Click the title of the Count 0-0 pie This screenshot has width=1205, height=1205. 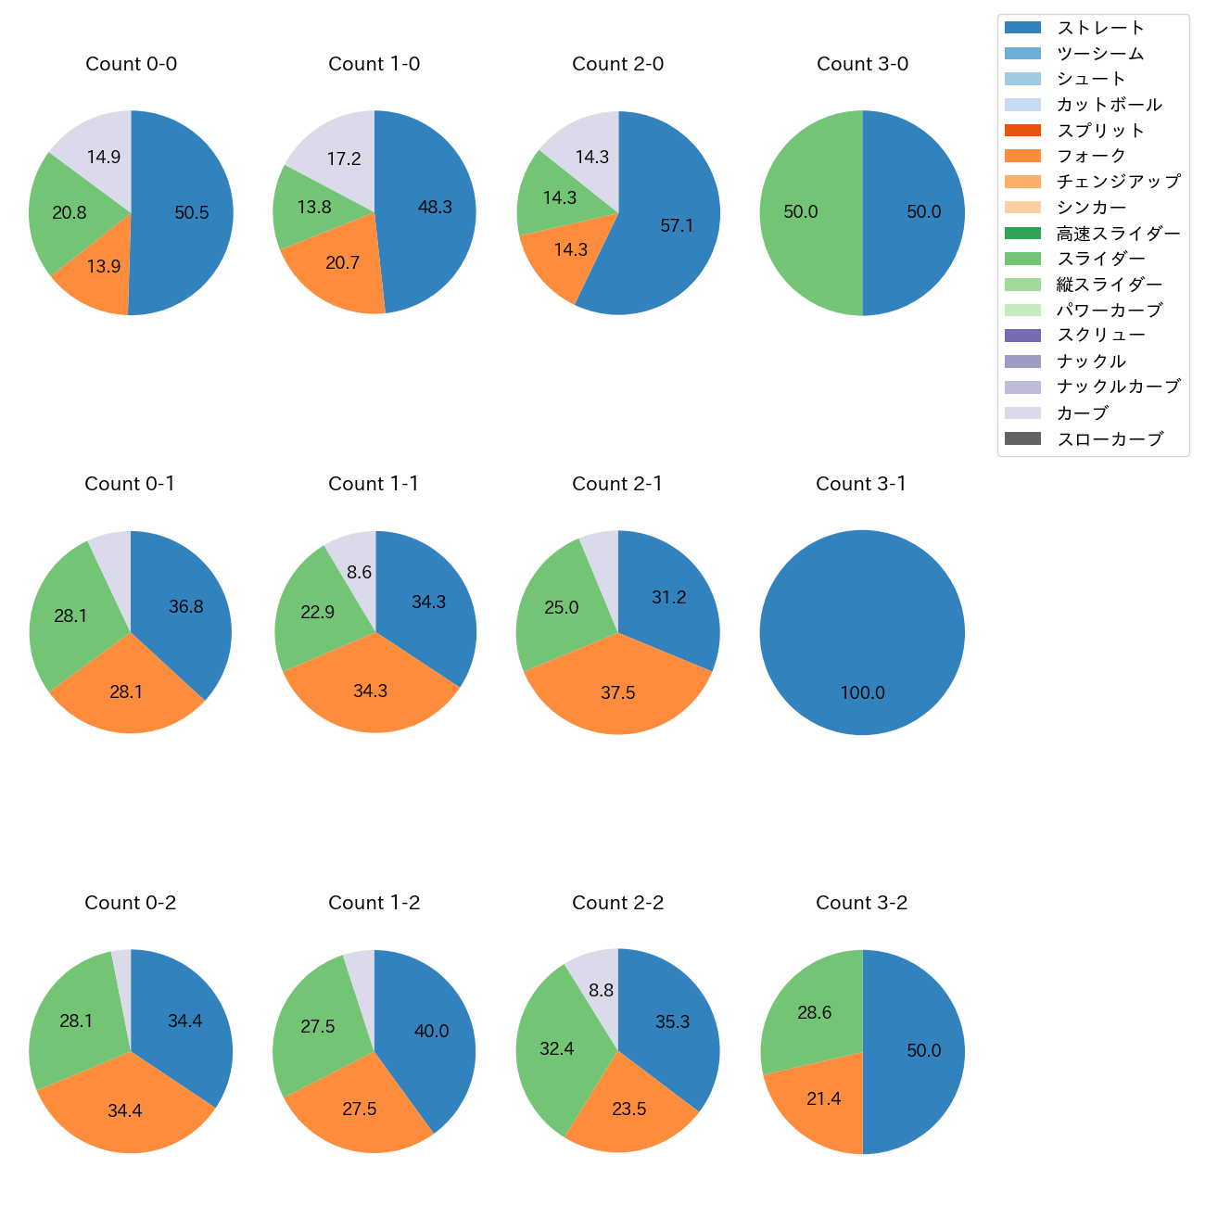point(131,64)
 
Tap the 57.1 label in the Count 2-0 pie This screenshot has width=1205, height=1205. point(677,225)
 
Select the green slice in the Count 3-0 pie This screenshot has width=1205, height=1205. point(806,212)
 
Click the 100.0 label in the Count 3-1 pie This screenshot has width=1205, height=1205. point(862,692)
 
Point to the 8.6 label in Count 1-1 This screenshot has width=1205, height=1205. point(360,572)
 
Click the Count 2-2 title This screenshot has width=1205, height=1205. point(617,903)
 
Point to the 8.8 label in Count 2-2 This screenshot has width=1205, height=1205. point(601,990)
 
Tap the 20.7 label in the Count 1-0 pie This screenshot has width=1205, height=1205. point(342,262)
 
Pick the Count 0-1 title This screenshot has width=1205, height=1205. point(130,484)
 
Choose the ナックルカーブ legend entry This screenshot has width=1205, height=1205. point(1118,387)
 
